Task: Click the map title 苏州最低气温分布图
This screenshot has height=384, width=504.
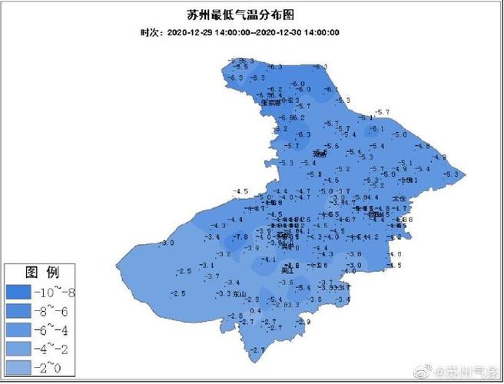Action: (251, 15)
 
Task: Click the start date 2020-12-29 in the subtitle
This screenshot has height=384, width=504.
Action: (188, 32)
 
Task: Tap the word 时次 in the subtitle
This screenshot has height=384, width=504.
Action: (149, 32)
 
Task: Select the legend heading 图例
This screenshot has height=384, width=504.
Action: (39, 272)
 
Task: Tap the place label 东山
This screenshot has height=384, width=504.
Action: (240, 294)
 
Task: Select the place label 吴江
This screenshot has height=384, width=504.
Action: (288, 271)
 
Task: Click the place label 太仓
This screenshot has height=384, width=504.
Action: (397, 198)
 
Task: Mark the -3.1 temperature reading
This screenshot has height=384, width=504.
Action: (207, 265)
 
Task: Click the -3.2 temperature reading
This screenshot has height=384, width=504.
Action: (224, 253)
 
